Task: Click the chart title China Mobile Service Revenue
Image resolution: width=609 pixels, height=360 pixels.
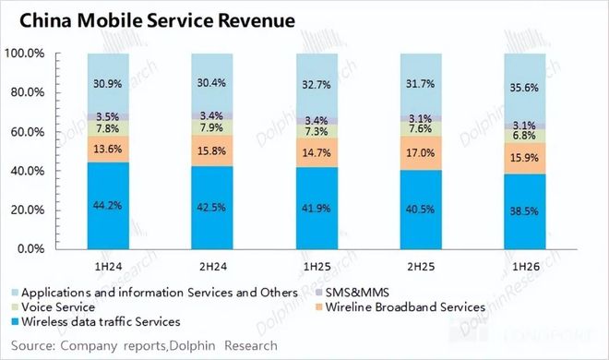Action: pos(157,20)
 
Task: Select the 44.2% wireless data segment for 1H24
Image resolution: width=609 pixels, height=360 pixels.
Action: pos(108,206)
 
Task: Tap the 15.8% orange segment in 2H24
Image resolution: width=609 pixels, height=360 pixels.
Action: pos(212,150)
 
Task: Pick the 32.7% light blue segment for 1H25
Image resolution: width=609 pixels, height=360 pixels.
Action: pos(316,86)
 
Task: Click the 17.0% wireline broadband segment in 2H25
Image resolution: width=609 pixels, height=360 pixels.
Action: pos(421,153)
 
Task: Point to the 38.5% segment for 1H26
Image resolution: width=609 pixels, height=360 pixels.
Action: pos(525,211)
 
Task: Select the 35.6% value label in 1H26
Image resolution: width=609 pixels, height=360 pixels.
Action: pos(524,88)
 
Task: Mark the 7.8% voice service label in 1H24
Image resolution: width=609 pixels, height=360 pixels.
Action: pos(108,128)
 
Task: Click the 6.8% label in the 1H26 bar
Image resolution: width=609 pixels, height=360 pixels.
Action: pos(524,136)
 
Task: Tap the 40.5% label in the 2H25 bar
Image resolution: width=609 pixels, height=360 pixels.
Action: pos(420,210)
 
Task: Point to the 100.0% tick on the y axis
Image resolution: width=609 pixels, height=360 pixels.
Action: pos(25,54)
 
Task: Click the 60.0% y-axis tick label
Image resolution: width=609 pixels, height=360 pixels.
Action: pos(28,132)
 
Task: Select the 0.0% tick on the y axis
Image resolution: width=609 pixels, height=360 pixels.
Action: pos(31,248)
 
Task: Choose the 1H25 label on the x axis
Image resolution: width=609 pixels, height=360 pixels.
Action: pos(317,267)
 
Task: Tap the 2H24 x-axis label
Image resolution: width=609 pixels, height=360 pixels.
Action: pos(213,267)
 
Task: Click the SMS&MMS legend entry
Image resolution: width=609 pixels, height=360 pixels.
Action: pos(352,293)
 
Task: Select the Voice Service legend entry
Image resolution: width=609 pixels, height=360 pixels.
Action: pos(54,307)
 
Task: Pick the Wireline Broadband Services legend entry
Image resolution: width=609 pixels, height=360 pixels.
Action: pos(400,307)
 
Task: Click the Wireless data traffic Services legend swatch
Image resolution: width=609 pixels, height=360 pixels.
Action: pos(15,322)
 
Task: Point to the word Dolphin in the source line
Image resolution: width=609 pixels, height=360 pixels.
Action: pos(192,345)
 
